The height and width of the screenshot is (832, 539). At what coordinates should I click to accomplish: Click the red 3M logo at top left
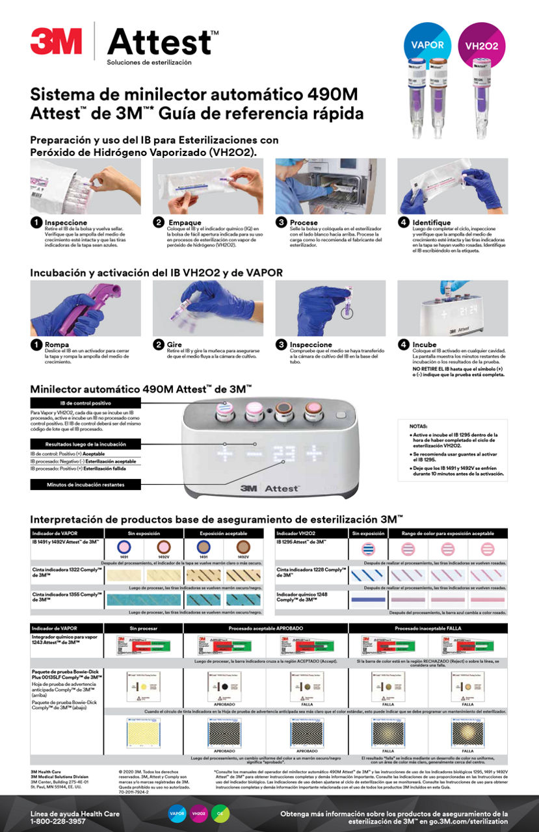[56, 41]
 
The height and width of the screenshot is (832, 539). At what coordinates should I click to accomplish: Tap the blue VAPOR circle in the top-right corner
[427, 45]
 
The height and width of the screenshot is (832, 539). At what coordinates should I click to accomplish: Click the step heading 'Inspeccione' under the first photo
[66, 222]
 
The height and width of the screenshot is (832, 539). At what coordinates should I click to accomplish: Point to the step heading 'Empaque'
[185, 222]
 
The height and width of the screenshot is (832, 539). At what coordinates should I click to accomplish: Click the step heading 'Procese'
[304, 222]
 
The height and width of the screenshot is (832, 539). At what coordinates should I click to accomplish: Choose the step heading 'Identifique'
[432, 222]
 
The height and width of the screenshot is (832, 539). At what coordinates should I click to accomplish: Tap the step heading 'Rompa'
[57, 344]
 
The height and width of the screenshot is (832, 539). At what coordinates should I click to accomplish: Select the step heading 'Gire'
[176, 344]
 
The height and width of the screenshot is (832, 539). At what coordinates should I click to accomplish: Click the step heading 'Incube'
[425, 344]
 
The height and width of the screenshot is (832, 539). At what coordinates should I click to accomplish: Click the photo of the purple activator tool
[85, 308]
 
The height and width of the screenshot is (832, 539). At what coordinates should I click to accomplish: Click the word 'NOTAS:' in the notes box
[419, 426]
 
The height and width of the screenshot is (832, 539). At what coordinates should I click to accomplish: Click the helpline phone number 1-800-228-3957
[58, 822]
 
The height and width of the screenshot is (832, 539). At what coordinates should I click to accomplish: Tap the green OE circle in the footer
[220, 814]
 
